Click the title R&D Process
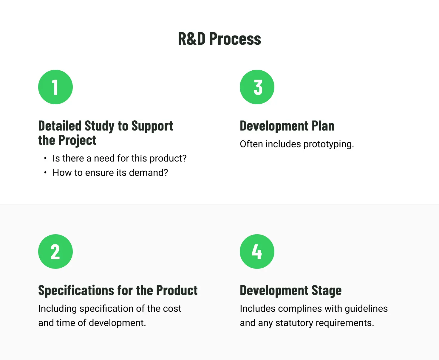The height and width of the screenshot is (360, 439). [219, 39]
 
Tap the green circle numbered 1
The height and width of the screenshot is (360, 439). [55, 87]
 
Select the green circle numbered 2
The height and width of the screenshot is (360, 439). [55, 252]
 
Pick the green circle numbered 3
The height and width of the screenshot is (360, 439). [257, 87]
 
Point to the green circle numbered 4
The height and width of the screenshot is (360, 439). [257, 252]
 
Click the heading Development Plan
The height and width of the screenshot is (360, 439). [287, 126]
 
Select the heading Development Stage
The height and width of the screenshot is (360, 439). [290, 291]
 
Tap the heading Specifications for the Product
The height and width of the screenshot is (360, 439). [118, 291]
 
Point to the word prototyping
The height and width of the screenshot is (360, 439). [328, 144]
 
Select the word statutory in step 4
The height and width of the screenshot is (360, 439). [294, 323]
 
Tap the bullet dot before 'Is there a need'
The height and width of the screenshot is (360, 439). [45, 158]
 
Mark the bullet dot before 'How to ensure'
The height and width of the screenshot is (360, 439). [45, 173]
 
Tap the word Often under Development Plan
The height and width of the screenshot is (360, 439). [251, 144]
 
